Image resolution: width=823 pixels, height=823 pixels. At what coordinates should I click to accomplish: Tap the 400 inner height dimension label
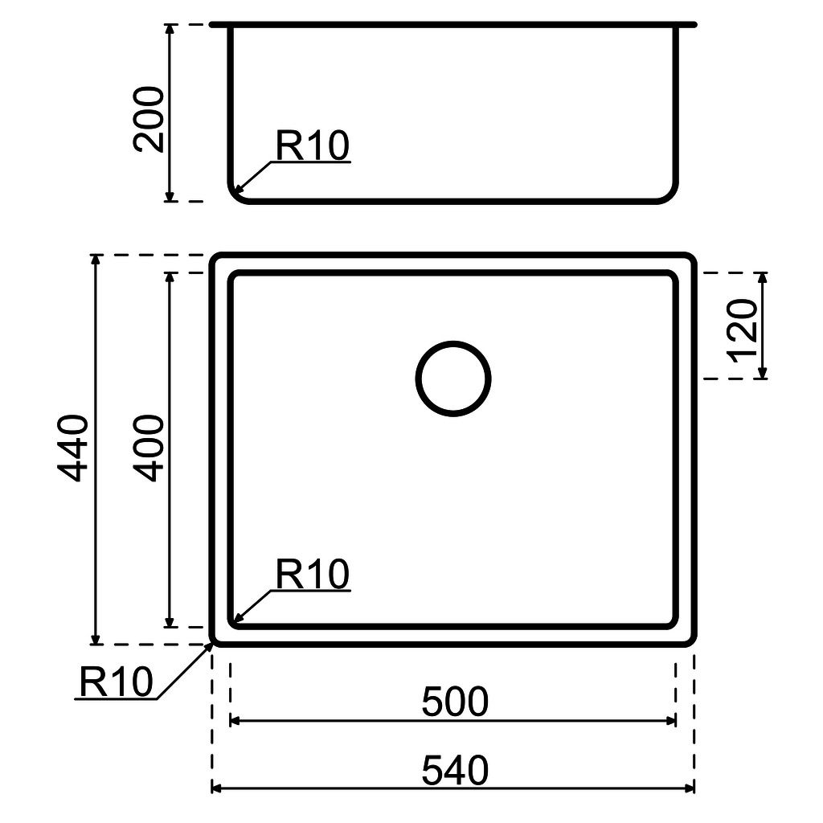[150, 448]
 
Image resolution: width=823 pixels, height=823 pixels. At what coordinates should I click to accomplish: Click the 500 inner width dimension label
[454, 702]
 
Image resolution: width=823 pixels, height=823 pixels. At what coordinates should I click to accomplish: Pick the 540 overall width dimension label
[454, 772]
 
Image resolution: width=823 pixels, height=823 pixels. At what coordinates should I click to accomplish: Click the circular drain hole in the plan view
[453, 379]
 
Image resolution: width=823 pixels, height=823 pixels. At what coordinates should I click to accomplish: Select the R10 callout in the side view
[312, 146]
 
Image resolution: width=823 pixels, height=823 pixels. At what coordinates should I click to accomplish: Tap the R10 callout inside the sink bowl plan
[312, 575]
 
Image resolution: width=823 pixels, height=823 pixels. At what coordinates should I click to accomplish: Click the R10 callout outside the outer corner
[116, 682]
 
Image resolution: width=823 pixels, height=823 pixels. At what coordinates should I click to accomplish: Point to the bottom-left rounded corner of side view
[235, 195]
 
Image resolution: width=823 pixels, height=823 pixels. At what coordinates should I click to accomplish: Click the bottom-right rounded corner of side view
[672, 195]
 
